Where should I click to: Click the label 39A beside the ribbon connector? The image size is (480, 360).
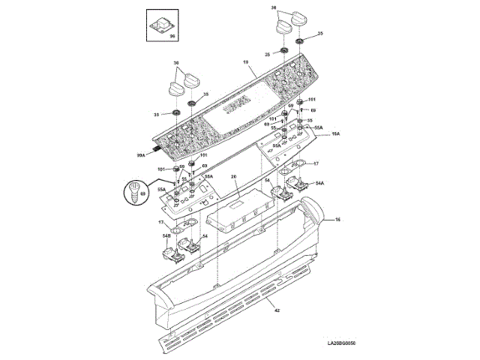141,155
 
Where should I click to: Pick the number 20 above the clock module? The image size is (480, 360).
233,177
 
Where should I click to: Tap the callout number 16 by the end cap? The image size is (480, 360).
337,220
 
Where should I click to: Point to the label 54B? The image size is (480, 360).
166,237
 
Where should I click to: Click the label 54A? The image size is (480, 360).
319,183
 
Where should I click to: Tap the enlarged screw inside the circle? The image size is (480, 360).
135,192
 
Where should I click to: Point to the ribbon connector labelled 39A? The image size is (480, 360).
156,150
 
